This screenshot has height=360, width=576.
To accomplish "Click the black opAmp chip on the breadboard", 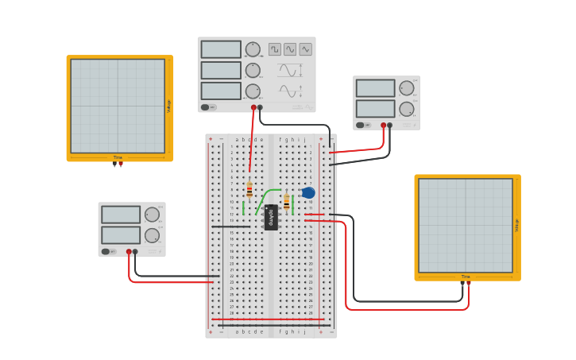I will tap(271, 217).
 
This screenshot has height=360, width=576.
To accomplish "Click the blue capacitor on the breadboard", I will tap(308, 192).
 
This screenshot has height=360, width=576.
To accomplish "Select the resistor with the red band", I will tap(249, 189).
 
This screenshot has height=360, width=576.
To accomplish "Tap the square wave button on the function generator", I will tap(275, 49).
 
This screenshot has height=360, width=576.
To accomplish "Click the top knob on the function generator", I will tap(253, 49).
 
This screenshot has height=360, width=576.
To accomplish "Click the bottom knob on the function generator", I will tap(253, 91).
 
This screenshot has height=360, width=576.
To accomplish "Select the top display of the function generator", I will tap(221, 49).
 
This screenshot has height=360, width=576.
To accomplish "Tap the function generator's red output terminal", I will tap(253, 107).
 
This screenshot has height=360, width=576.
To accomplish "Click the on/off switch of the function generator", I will tap(205, 107).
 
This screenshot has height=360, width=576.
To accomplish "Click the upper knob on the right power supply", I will tap(406, 88).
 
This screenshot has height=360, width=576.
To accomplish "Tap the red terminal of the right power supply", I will tap(383, 125).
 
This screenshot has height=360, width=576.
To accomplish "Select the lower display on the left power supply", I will tap(121, 235).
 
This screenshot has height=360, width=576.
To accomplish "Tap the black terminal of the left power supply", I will tap(135, 252).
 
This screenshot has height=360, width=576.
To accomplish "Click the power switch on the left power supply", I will tap(105, 252).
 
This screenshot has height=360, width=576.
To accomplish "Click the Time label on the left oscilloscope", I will tap(118, 157).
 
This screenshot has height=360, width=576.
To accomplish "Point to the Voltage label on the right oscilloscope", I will tap(516, 226).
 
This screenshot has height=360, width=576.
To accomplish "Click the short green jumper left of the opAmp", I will tap(244, 208).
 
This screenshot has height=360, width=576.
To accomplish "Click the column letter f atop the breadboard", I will tap(280, 139).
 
